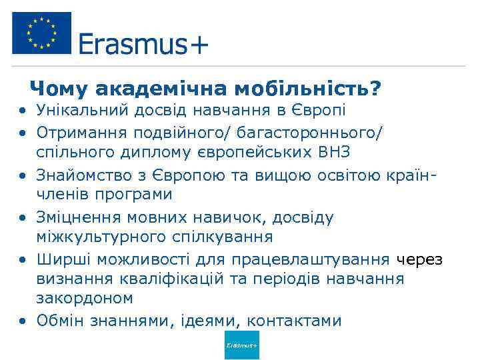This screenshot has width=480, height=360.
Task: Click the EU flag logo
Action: [x=41, y=33]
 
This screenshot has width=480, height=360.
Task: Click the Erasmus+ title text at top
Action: [x=143, y=45]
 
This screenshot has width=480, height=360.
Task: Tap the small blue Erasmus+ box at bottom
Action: [x=241, y=345]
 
